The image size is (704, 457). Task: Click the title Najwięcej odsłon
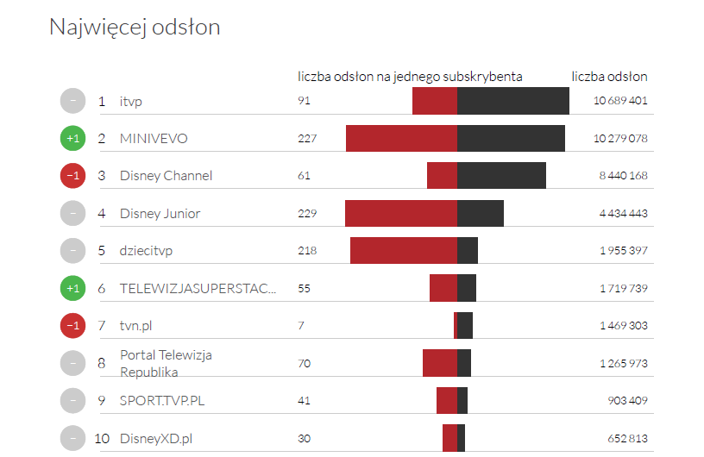click(135, 28)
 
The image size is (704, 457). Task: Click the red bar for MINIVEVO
click(401, 139)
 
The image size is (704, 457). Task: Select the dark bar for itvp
click(512, 101)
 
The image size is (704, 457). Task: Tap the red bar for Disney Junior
click(400, 213)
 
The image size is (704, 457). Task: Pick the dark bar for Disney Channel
click(501, 176)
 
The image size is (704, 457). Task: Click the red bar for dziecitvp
click(403, 250)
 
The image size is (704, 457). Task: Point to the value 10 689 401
click(620, 101)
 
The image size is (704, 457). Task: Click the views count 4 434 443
click(623, 213)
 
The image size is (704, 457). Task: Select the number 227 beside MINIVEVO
click(307, 139)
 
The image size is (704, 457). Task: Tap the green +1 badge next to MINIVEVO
click(73, 139)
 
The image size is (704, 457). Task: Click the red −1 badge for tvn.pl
click(73, 325)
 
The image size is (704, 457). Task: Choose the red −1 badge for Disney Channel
click(73, 176)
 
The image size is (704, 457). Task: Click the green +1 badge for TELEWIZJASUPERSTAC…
click(73, 288)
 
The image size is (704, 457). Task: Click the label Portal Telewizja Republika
click(166, 363)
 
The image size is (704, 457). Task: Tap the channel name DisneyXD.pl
click(156, 438)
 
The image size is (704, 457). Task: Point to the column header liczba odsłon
click(609, 77)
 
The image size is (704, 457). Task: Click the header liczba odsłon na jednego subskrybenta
click(410, 77)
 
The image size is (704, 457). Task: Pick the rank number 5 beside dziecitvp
click(102, 251)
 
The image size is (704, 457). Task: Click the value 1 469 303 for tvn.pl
click(623, 325)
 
